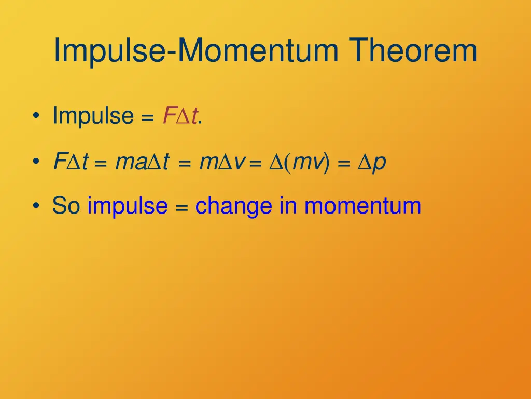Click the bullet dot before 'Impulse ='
point(34,116)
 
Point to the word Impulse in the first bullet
point(93,115)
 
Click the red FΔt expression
point(179,115)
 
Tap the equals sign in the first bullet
point(148,117)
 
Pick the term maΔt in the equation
point(142,163)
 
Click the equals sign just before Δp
point(343,165)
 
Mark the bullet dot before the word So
point(34,206)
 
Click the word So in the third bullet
point(66,206)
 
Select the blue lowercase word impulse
point(128,206)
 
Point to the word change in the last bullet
point(233,206)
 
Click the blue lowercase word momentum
point(362,206)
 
